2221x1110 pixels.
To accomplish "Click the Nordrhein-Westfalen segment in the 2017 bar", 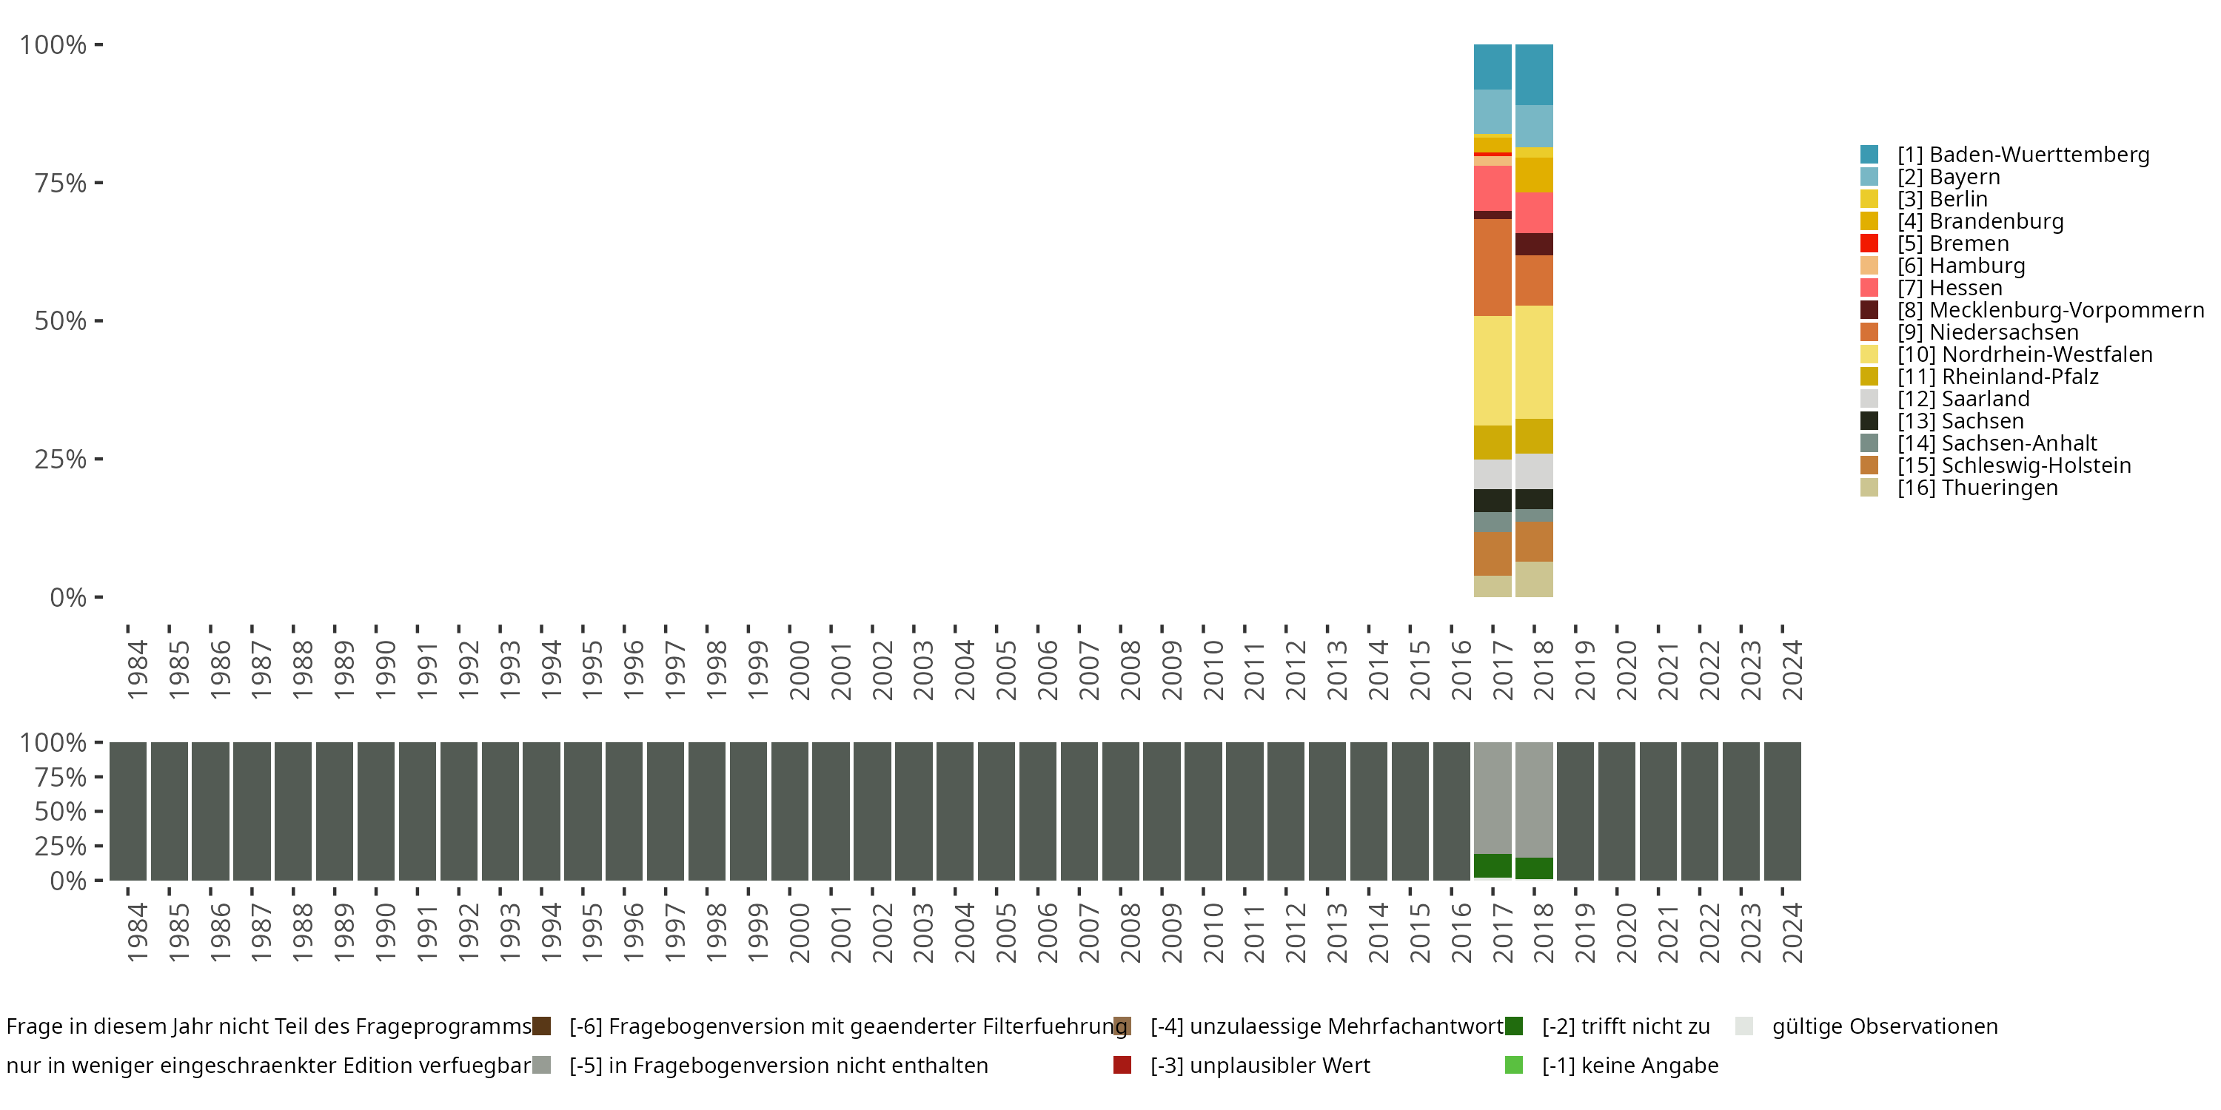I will pos(1493,371).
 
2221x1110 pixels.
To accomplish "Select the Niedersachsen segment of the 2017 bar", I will pos(1493,267).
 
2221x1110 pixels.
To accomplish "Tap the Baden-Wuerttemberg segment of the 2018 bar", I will pos(1534,74).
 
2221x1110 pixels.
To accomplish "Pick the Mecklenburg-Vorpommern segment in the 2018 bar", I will pos(1534,244).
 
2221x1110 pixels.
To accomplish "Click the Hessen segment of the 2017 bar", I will pos(1493,188).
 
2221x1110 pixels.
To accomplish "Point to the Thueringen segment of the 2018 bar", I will pos(1534,579).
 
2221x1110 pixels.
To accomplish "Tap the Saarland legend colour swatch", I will pos(1869,399).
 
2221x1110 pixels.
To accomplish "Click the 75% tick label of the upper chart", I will pos(61,183).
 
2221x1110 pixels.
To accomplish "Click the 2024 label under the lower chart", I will pos(1792,932).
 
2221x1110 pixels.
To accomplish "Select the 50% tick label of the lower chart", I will pos(61,811).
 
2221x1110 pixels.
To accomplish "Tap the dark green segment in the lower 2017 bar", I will pos(1493,866).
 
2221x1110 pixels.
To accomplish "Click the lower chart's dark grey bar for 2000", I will pos(789,811).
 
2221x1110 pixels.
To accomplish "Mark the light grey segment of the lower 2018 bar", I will pos(1534,800).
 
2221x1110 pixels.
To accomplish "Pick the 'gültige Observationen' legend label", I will pos(1885,1026).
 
